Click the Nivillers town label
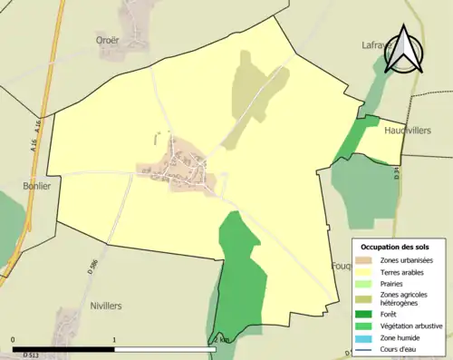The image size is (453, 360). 106,306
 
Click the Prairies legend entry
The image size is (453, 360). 394,283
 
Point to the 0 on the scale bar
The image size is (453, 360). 13,339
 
